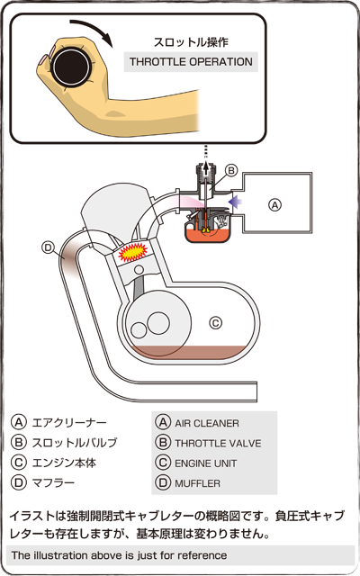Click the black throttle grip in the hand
71,67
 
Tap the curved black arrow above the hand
94,28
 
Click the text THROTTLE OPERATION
191,62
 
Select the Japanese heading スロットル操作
191,42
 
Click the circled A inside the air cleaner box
275,205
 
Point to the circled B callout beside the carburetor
231,170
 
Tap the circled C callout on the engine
216,323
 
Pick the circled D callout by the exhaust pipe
48,247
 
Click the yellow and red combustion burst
132,252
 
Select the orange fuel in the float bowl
208,234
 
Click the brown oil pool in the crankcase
188,354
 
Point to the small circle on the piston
139,270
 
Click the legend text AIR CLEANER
207,423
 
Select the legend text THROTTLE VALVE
218,443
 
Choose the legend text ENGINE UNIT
206,463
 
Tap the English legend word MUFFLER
197,483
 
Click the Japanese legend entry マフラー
53,482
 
